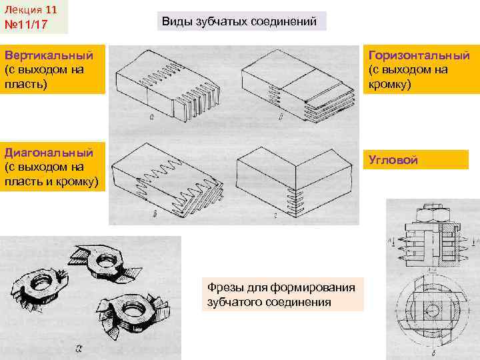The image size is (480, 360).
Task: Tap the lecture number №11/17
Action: point(26,25)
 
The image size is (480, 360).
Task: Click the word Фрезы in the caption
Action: point(224,287)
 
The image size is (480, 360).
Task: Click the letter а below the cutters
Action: point(79,347)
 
